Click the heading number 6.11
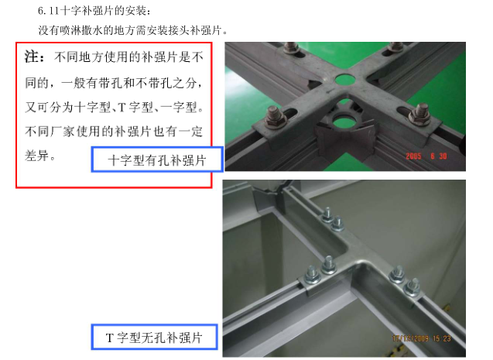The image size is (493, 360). point(48,11)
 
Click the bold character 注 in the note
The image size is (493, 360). point(32,57)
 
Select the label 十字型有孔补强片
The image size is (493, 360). point(157,160)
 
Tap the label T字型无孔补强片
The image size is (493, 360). point(154,338)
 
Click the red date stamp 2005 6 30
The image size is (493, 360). point(426,156)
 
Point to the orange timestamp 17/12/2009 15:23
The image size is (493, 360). point(421,338)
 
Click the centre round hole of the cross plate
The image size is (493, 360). point(345,80)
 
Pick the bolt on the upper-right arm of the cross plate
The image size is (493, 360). point(395,47)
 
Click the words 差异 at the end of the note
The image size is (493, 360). point(37,156)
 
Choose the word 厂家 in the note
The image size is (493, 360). point(62,132)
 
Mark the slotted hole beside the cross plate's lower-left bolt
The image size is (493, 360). point(292,112)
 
